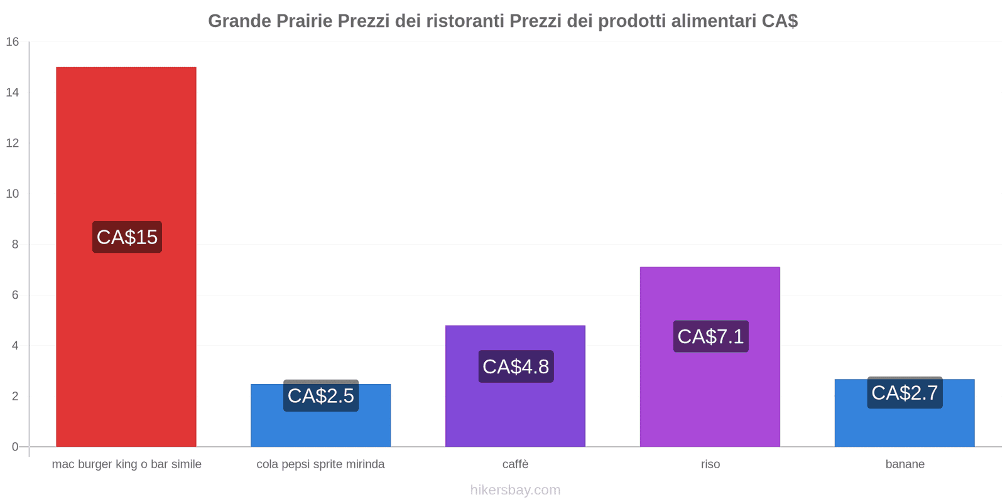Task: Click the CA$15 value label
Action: click(x=127, y=237)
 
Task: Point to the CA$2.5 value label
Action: click(x=321, y=396)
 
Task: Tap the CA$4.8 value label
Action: click(x=516, y=366)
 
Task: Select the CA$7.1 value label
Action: click(x=710, y=336)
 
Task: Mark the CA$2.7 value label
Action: click(x=905, y=393)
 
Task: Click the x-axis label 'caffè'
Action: click(x=515, y=464)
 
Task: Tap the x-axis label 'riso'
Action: click(x=710, y=464)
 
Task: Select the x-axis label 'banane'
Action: click(x=905, y=464)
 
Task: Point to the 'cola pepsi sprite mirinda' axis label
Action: click(x=320, y=464)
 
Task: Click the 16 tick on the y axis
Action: click(x=13, y=42)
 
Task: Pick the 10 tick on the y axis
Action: click(x=13, y=194)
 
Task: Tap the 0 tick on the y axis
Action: click(x=15, y=447)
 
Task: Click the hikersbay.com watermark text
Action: click(x=515, y=490)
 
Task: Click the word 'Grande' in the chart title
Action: click(x=239, y=21)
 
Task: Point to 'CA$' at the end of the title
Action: click(x=780, y=21)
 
